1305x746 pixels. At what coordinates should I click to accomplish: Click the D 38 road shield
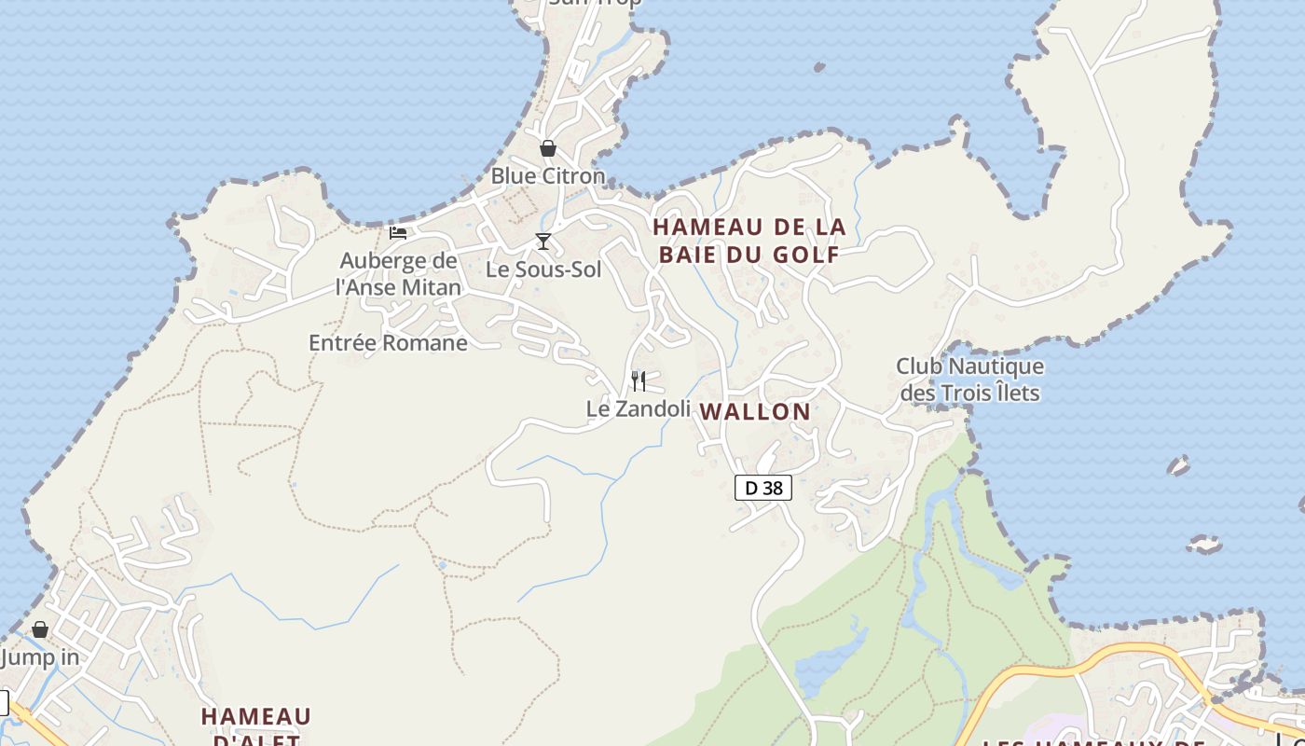pyautogui.click(x=763, y=488)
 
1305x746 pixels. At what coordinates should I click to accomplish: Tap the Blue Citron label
pyautogui.click(x=547, y=175)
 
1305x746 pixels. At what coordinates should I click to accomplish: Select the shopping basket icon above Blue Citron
pyautogui.click(x=548, y=148)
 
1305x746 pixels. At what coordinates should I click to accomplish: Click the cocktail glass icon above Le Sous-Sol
pyautogui.click(x=543, y=242)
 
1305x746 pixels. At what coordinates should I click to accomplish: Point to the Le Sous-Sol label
pyautogui.click(x=543, y=269)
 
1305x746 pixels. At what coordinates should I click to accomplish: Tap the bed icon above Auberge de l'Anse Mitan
pyautogui.click(x=398, y=232)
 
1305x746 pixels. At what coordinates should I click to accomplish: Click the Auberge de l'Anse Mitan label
pyautogui.click(x=398, y=274)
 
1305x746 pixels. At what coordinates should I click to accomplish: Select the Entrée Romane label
pyautogui.click(x=388, y=342)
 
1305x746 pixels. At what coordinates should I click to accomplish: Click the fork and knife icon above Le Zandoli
pyautogui.click(x=639, y=380)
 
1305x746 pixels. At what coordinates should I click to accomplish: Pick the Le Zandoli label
pyautogui.click(x=639, y=408)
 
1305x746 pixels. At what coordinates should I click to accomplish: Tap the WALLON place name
pyautogui.click(x=755, y=411)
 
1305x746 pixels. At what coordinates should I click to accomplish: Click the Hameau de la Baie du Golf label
pyautogui.click(x=749, y=240)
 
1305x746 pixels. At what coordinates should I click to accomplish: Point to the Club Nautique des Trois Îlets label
pyautogui.click(x=969, y=380)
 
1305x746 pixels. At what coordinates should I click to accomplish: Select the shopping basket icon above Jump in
pyautogui.click(x=40, y=629)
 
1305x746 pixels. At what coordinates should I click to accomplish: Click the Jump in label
pyautogui.click(x=40, y=657)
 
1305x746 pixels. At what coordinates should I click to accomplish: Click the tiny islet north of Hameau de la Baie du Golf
pyautogui.click(x=819, y=67)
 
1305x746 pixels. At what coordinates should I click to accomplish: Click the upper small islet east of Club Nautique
pyautogui.click(x=1179, y=464)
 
